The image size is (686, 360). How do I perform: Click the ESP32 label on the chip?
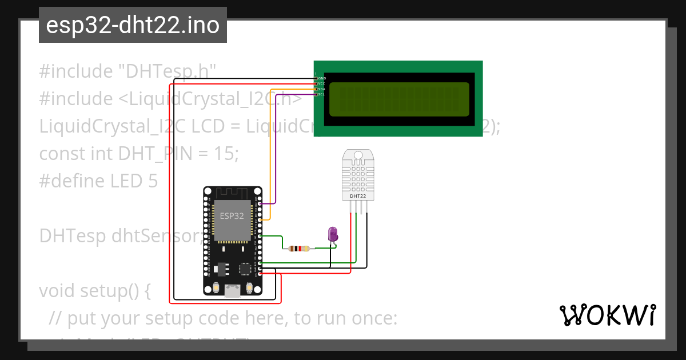(x=232, y=217)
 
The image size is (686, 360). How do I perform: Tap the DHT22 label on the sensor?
(x=358, y=196)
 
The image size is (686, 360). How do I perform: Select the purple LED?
(x=333, y=234)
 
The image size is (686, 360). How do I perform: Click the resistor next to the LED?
(x=299, y=249)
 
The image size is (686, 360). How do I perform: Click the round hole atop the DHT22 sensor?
(x=358, y=155)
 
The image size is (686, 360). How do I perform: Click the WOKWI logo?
(x=607, y=315)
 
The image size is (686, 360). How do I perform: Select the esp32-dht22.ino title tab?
(x=133, y=25)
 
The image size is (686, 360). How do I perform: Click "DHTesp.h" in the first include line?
(x=166, y=71)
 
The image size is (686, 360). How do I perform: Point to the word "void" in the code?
(x=58, y=291)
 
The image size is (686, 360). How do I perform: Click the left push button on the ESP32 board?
(x=216, y=288)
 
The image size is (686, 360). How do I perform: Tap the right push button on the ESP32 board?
(x=250, y=288)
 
